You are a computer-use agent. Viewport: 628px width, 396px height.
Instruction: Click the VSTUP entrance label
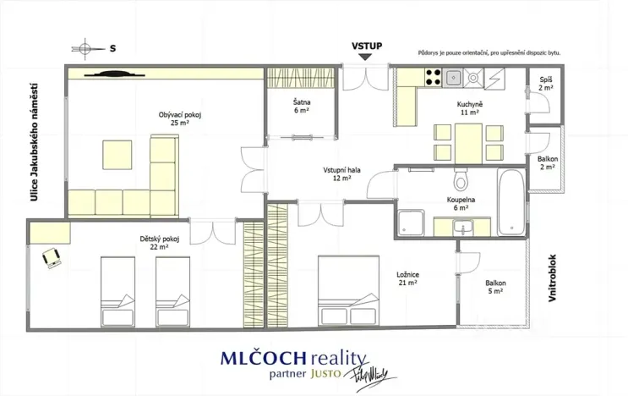pyautogui.click(x=367, y=46)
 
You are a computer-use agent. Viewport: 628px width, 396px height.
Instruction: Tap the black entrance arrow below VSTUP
pyautogui.click(x=365, y=58)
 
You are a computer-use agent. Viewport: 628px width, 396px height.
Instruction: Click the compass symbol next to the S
pyautogui.click(x=85, y=49)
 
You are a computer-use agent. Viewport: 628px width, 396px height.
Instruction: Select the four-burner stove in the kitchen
pyautogui.click(x=433, y=77)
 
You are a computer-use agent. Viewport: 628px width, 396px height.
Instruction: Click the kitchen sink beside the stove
pyautogui.click(x=453, y=77)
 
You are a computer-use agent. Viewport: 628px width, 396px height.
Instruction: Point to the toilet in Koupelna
pyautogui.click(x=461, y=179)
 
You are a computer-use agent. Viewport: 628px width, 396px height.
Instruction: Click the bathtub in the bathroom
pyautogui.click(x=511, y=202)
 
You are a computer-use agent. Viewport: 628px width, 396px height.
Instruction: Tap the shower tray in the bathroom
pyautogui.click(x=412, y=223)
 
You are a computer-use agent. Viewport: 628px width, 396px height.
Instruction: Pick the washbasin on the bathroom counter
pyautogui.click(x=463, y=228)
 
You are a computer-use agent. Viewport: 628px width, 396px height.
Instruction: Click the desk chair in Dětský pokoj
pyautogui.click(x=52, y=258)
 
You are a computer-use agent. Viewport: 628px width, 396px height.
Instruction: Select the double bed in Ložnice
pyautogui.click(x=348, y=290)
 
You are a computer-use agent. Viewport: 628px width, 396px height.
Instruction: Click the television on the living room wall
pyautogui.click(x=114, y=74)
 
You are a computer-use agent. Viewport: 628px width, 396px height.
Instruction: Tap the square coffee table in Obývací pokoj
pyautogui.click(x=117, y=155)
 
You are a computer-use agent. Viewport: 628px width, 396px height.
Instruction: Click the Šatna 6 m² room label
pyautogui.click(x=302, y=107)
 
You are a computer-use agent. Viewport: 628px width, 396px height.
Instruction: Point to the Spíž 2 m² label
pyautogui.click(x=546, y=84)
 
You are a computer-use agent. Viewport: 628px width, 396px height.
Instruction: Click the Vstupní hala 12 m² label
pyautogui.click(x=341, y=174)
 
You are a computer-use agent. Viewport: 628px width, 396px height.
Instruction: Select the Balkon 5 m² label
pyautogui.click(x=495, y=287)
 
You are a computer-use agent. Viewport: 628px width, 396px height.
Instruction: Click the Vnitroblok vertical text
pyautogui.click(x=552, y=278)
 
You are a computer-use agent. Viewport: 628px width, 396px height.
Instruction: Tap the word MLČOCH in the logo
pyautogui.click(x=263, y=358)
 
